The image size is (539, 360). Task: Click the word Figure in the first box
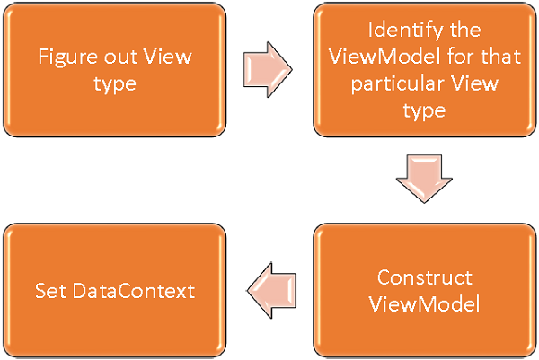[62, 57]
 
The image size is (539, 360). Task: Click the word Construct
[424, 277]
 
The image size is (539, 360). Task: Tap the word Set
[49, 290]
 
